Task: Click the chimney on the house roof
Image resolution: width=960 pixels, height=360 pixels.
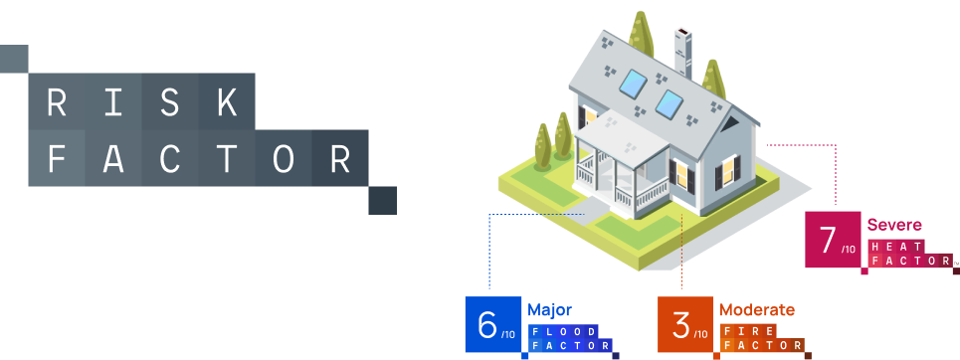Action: tap(682, 50)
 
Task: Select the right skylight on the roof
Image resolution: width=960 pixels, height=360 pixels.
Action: tap(669, 102)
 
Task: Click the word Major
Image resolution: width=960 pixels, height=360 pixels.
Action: tap(549, 309)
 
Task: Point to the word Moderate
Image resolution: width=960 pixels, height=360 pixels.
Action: tap(757, 309)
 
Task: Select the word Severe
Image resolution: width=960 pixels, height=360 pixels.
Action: tap(893, 225)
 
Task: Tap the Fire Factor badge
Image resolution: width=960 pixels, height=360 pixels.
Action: tap(761, 338)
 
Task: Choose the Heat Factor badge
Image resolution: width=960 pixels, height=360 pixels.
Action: tap(908, 254)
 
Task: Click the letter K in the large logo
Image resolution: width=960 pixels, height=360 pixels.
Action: tap(226, 101)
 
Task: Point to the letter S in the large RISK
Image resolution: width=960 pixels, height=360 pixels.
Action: tap(169, 101)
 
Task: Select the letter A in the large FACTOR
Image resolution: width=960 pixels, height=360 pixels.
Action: tap(112, 158)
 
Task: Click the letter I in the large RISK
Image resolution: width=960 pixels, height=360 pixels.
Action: tap(112, 101)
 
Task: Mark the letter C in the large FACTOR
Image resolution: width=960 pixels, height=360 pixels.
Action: tap(169, 158)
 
